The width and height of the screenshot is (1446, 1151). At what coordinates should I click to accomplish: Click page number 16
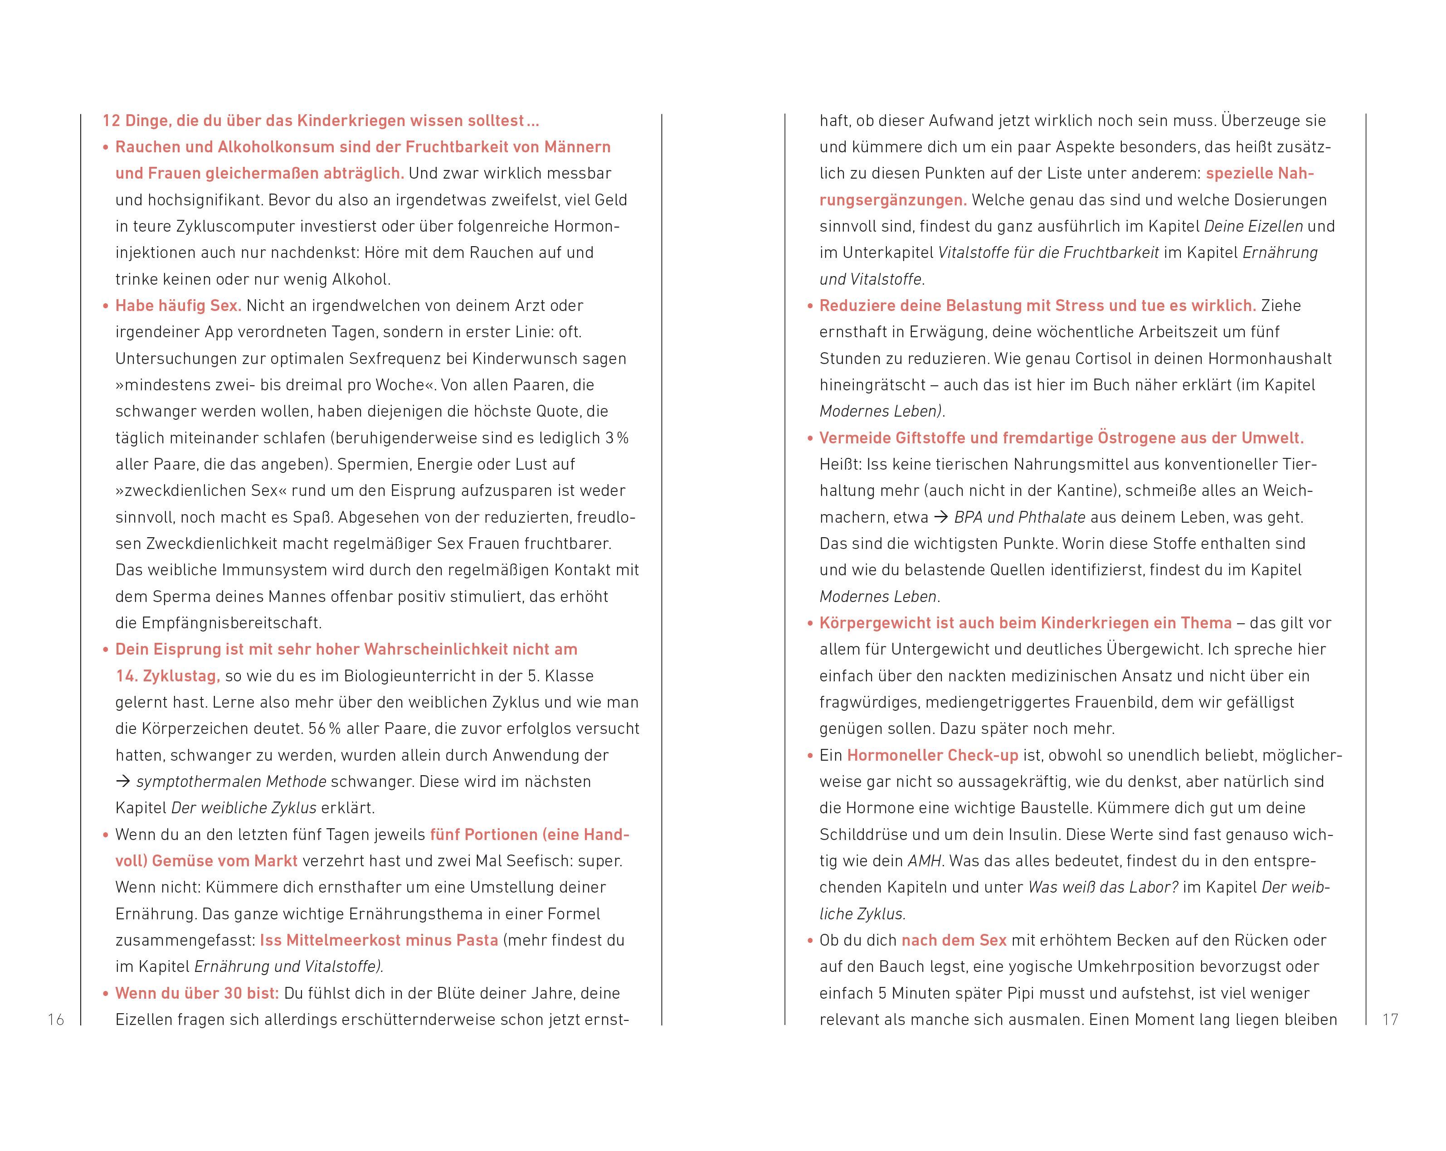56,1020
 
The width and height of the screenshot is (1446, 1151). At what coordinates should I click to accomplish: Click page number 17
1390,1020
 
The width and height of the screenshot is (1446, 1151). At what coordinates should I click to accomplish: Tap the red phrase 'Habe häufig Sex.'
178,306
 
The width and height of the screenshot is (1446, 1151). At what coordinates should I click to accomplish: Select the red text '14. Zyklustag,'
168,676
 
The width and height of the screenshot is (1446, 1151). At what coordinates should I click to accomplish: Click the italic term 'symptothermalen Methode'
231,782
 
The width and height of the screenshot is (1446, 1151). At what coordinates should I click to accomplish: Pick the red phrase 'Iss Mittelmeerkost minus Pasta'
379,941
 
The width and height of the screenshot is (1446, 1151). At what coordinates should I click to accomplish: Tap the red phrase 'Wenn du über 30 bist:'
196,993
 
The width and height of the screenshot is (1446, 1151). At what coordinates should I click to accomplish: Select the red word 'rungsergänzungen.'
893,200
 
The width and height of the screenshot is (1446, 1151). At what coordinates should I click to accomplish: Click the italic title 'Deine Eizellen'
1253,227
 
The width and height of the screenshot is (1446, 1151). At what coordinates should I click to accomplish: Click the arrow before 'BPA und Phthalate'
941,518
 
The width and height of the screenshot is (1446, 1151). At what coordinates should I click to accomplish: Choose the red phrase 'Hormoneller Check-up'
932,756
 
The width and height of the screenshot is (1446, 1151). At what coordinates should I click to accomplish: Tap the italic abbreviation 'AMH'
924,861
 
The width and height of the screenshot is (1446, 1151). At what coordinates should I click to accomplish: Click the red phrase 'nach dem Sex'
954,941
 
